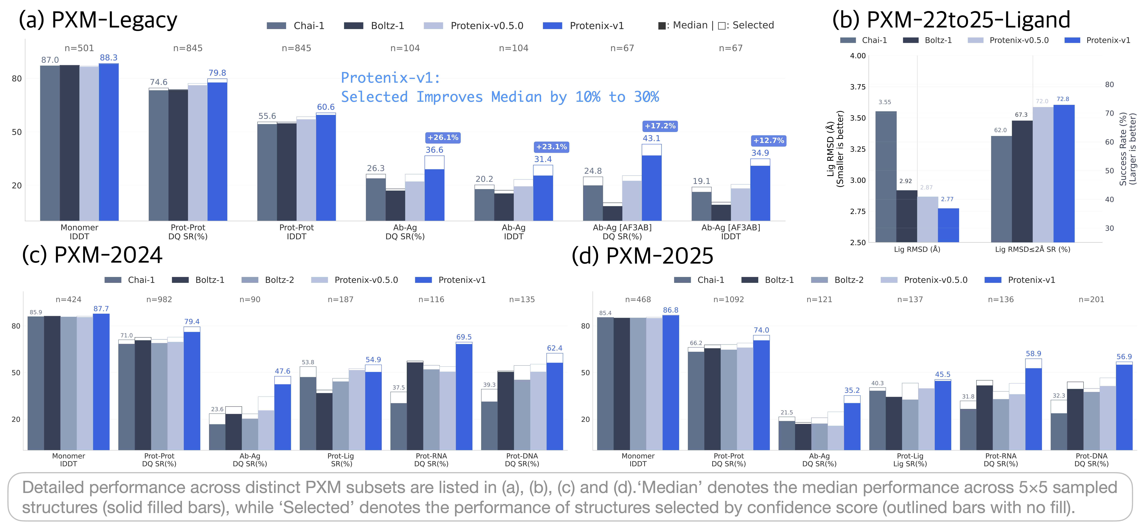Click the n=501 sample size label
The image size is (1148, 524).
(x=79, y=48)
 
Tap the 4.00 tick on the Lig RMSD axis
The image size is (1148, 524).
(x=857, y=56)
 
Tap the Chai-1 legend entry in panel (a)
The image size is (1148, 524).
(x=296, y=26)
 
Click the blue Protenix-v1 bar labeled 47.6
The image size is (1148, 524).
(x=283, y=417)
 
